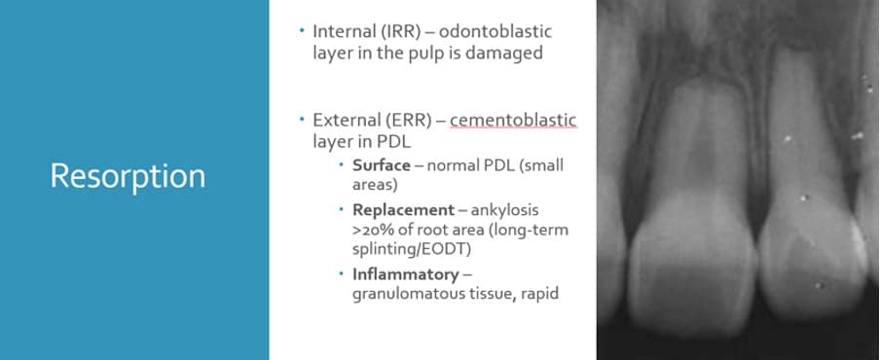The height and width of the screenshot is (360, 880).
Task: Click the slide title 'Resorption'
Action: [128, 176]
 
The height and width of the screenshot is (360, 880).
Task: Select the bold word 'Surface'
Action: [381, 164]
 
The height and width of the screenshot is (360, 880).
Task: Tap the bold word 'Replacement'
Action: [403, 209]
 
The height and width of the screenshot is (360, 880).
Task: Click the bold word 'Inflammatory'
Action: [405, 273]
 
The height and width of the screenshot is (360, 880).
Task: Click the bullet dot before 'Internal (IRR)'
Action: [302, 31]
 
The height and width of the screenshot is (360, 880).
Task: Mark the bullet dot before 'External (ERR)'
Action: [302, 120]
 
